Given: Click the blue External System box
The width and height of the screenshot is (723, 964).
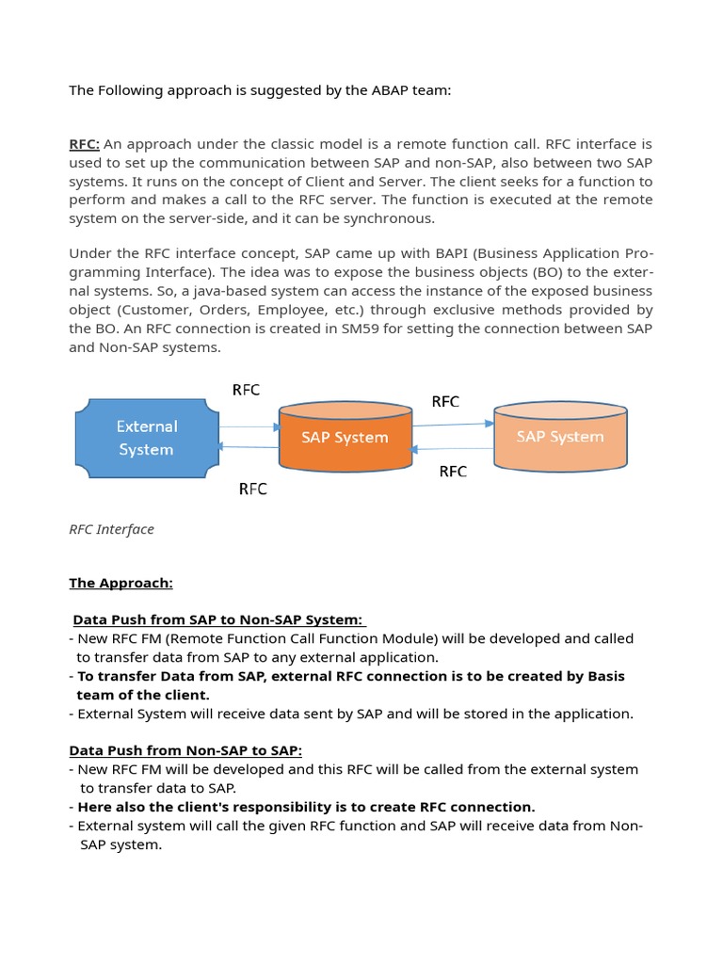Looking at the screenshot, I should [x=146, y=438].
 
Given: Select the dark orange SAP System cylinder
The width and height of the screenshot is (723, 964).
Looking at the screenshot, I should [x=345, y=438].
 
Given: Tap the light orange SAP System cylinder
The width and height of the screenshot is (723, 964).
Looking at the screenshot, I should [x=560, y=437].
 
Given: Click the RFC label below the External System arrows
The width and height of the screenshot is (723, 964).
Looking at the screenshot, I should [x=252, y=489].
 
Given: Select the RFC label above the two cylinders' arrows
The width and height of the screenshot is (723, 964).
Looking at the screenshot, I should [x=445, y=402].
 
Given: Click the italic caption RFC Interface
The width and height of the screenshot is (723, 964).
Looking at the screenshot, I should [x=111, y=529].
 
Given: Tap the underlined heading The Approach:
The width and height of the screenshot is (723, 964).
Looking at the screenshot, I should [x=120, y=583].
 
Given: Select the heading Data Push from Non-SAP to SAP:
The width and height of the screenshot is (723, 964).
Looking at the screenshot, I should [x=185, y=750].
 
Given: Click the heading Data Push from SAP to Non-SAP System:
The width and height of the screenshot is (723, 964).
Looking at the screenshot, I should [x=217, y=619].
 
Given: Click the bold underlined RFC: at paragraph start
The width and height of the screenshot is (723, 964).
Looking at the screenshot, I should [x=85, y=144].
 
